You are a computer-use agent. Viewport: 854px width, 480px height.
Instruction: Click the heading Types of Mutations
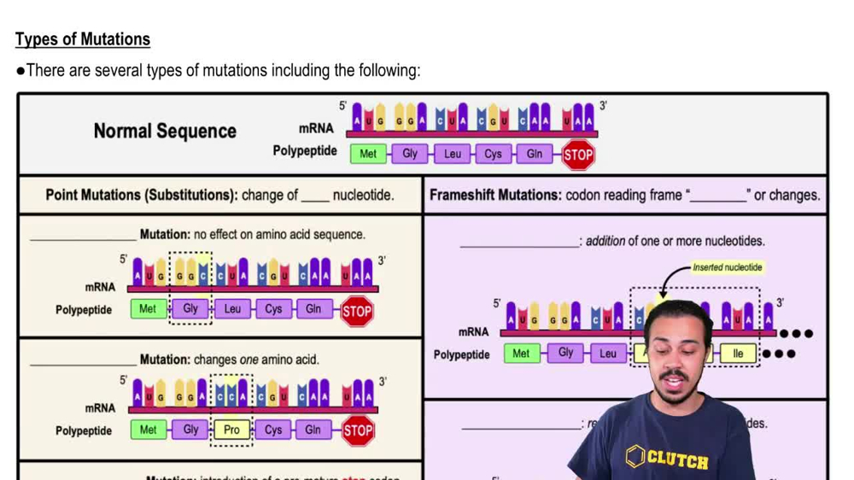[83, 39]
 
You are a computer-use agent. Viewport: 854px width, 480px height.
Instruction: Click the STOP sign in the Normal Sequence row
[578, 155]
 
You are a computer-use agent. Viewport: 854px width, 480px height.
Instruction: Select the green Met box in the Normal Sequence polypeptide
[367, 154]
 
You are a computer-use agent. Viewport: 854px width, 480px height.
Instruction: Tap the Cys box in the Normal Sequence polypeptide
[493, 154]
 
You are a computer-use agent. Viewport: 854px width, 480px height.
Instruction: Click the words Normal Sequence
[165, 131]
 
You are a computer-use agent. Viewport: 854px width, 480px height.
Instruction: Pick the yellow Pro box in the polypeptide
[231, 430]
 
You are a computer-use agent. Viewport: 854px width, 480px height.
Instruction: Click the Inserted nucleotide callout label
[727, 267]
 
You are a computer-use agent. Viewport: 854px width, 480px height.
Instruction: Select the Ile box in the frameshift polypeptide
[738, 353]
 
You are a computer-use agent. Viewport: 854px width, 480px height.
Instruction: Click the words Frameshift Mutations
[495, 195]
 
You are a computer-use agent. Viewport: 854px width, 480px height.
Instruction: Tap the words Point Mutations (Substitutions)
[141, 195]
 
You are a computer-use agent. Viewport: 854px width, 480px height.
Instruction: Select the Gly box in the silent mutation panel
[190, 308]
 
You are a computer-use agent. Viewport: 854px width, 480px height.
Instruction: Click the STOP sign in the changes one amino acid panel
[358, 430]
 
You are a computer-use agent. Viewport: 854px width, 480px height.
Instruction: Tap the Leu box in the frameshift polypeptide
[607, 353]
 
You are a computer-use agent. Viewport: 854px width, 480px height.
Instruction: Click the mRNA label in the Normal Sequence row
[316, 129]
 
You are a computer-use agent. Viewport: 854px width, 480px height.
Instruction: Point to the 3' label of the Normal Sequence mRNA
[603, 106]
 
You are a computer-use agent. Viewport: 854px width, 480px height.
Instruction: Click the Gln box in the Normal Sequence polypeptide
[534, 154]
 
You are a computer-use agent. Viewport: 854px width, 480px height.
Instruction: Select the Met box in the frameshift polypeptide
[521, 353]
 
